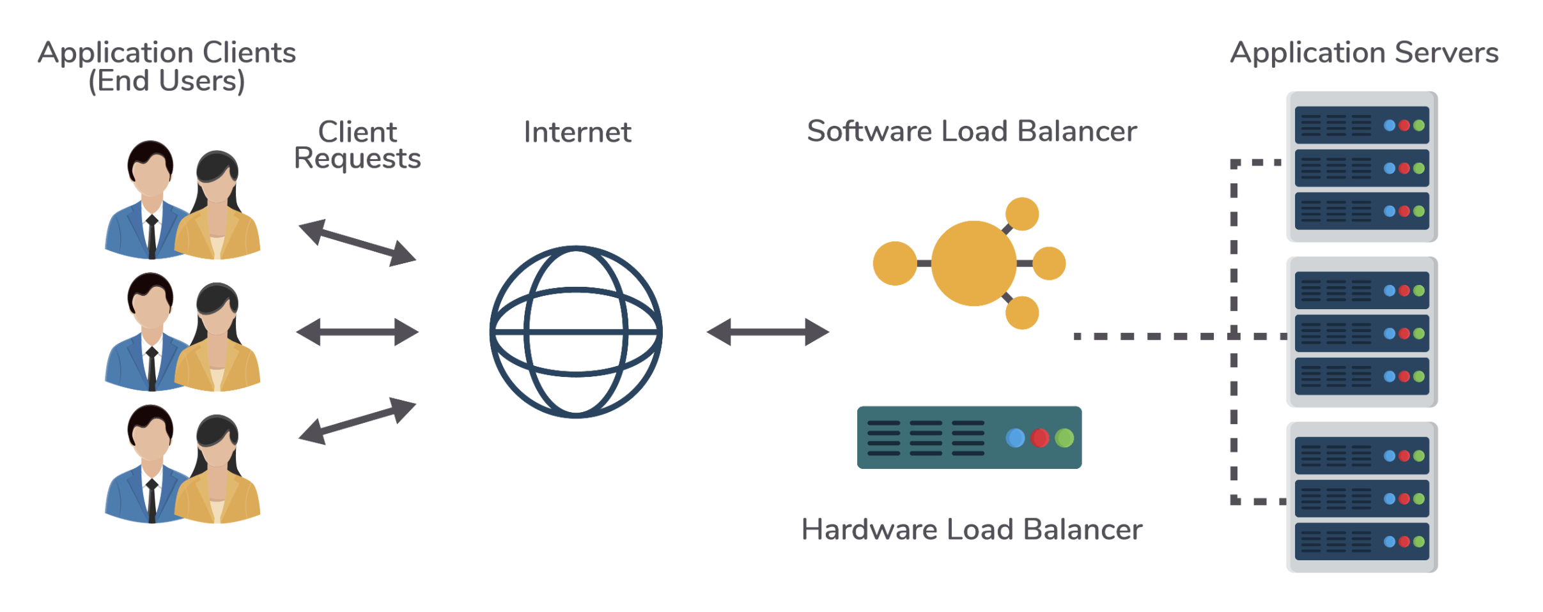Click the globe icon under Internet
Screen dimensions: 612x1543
(576, 332)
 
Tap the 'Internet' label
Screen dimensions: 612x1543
(577, 132)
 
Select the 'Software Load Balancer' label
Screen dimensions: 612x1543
(972, 132)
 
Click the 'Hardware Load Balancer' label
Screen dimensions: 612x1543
(972, 530)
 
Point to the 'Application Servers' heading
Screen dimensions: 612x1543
(1364, 52)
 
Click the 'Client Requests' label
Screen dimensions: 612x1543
(357, 145)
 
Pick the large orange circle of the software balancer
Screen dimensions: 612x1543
(973, 263)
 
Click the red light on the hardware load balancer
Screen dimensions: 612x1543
(1040, 438)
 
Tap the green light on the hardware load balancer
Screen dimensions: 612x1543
(1064, 438)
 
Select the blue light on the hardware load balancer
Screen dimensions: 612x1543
(1015, 438)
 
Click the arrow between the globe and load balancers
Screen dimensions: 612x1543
(768, 332)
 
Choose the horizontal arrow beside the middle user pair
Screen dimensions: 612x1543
(357, 332)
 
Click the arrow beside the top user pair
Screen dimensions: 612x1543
(357, 243)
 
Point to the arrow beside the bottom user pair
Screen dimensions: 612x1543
(357, 421)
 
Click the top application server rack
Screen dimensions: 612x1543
(1361, 167)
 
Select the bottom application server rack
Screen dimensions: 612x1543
(1361, 498)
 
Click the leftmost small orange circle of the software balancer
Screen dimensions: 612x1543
(895, 263)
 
